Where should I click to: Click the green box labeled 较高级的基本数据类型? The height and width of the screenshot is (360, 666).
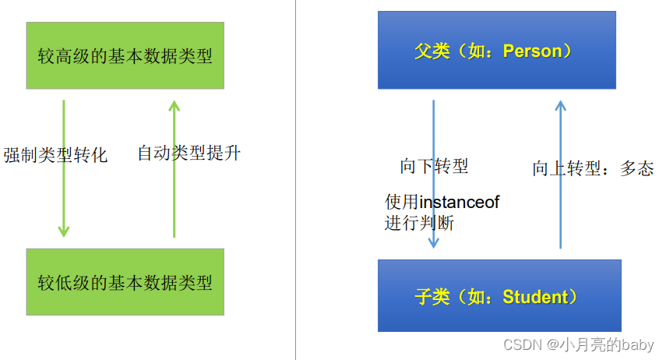point(125,55)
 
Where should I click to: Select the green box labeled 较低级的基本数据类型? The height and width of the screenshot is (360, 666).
point(125,281)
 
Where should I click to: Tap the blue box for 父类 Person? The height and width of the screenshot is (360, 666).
point(496,51)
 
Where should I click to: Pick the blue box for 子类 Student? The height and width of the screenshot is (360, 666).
point(499,296)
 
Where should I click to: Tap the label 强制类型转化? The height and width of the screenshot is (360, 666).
point(55,155)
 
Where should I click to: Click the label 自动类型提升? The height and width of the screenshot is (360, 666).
point(189,153)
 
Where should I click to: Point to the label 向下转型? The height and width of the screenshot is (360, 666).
point(434,166)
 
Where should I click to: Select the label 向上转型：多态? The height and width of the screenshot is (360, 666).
point(593,168)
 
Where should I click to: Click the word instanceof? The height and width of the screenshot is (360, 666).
point(460,203)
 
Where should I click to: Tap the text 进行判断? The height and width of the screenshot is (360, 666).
point(419,223)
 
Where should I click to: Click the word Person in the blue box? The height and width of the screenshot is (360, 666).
point(532,51)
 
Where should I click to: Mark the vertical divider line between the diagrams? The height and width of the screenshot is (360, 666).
point(295,179)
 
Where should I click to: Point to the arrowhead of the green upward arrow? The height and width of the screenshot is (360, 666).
point(174,105)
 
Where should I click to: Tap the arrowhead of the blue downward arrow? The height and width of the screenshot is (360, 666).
point(434,242)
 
